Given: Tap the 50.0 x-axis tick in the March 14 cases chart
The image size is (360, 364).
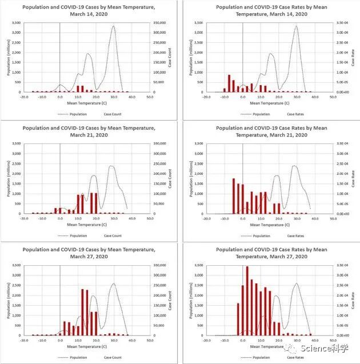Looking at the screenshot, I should pyautogui.click(x=149, y=97).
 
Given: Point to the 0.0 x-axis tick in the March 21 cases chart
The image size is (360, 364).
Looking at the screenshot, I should pyautogui.click(x=60, y=218).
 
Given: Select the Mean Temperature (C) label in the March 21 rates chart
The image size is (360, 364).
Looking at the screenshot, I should pyautogui.click(x=262, y=225).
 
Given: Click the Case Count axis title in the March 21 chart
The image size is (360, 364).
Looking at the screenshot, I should pyautogui.click(x=170, y=178).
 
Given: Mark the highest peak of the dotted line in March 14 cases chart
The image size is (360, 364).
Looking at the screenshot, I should pyautogui.click(x=113, y=26).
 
